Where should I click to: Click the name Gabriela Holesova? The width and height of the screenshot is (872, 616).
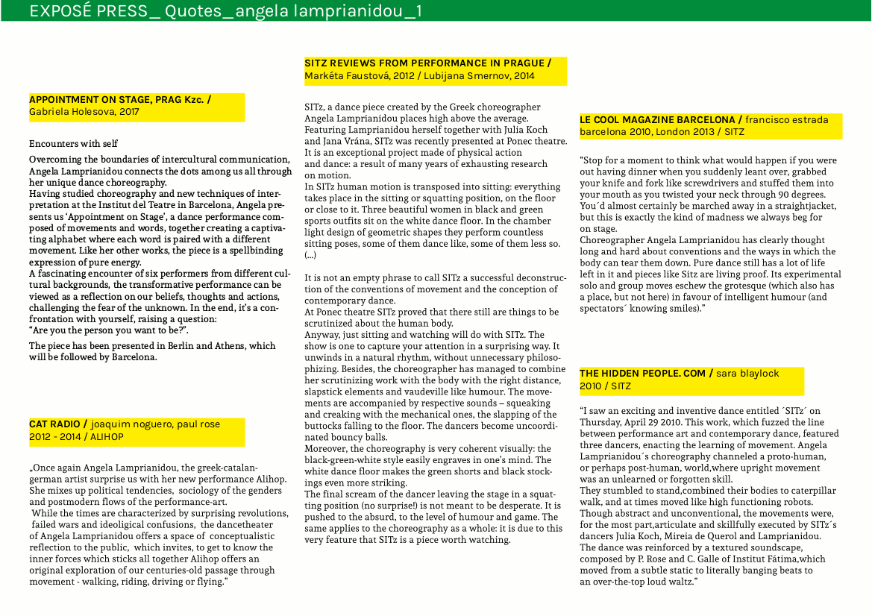(72, 113)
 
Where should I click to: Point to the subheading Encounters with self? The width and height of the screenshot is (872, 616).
(73, 143)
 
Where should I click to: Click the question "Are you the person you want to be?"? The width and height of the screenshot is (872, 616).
(109, 330)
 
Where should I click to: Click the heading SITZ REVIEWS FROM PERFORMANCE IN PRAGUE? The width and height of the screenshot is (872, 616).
(425, 63)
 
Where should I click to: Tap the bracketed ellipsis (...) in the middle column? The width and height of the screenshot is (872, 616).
(310, 254)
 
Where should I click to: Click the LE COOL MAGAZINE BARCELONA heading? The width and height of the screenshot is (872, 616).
(657, 119)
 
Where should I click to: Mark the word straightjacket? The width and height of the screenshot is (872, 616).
(794, 205)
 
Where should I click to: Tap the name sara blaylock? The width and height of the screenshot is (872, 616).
(747, 374)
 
